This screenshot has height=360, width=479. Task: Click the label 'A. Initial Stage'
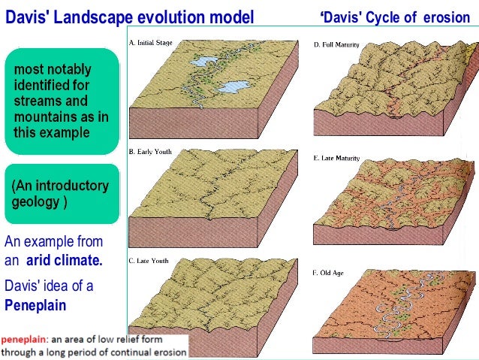(x=151, y=43)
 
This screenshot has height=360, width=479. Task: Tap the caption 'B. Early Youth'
(x=151, y=151)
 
